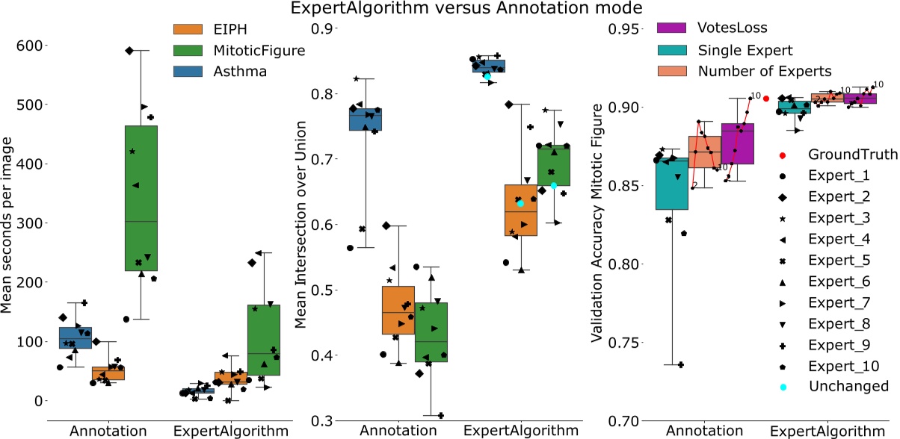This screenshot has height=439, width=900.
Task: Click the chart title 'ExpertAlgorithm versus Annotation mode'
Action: pyautogui.click(x=449, y=10)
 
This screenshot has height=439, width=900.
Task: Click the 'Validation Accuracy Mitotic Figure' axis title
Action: pyautogui.click(x=597, y=224)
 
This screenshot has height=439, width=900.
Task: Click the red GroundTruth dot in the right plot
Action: pyautogui.click(x=766, y=99)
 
